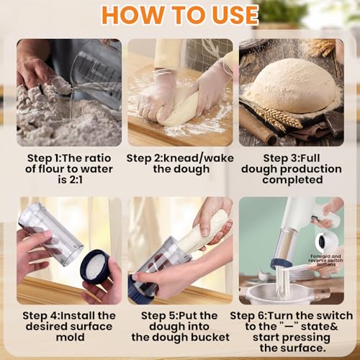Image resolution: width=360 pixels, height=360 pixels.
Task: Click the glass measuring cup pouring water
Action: click(98, 68)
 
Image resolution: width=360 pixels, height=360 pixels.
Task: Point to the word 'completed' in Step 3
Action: click(292, 180)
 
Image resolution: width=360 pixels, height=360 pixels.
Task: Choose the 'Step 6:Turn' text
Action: click(262, 315)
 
